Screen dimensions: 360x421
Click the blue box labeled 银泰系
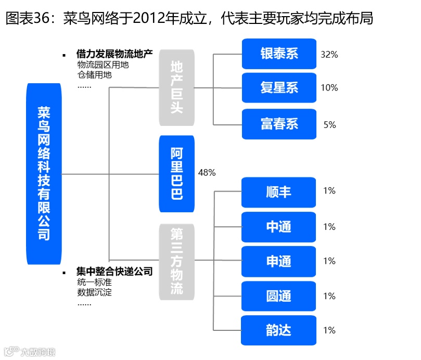click(279, 54)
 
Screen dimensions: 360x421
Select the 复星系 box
click(279, 88)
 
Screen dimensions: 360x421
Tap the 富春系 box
click(279, 124)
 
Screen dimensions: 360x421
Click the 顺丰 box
click(278, 192)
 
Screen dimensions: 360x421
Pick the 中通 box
click(278, 227)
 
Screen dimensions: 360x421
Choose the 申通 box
click(278, 261)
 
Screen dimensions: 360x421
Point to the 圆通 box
click(278, 296)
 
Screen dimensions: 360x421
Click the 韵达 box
click(278, 330)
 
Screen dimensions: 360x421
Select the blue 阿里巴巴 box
click(176, 174)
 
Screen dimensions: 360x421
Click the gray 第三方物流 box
click(176, 261)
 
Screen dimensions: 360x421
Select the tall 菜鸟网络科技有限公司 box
click(44, 174)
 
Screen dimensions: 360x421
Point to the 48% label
click(207, 173)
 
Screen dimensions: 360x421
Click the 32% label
click(329, 54)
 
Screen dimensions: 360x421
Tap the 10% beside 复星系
click(329, 87)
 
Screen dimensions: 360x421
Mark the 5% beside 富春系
click(329, 125)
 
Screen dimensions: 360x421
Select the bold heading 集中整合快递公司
click(114, 272)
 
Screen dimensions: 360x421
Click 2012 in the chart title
click(147, 19)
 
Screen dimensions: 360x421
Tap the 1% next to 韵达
click(329, 330)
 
